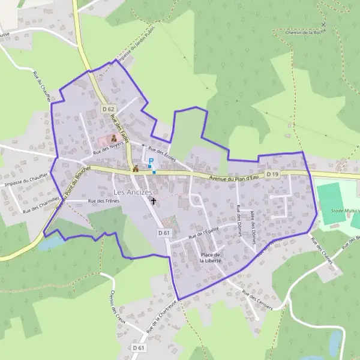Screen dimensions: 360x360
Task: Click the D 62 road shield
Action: [108, 109]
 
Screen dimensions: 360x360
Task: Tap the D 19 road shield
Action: [272, 174]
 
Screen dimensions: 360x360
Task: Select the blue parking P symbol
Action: [151, 161]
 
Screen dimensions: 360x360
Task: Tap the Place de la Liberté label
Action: [211, 258]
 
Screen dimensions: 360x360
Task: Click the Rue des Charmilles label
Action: [41, 206]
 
